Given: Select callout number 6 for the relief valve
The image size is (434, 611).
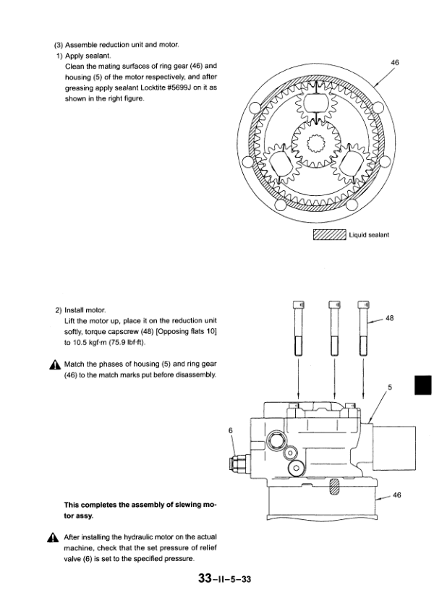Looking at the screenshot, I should tap(230, 431).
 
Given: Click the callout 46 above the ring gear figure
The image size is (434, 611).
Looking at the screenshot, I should tap(394, 64).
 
